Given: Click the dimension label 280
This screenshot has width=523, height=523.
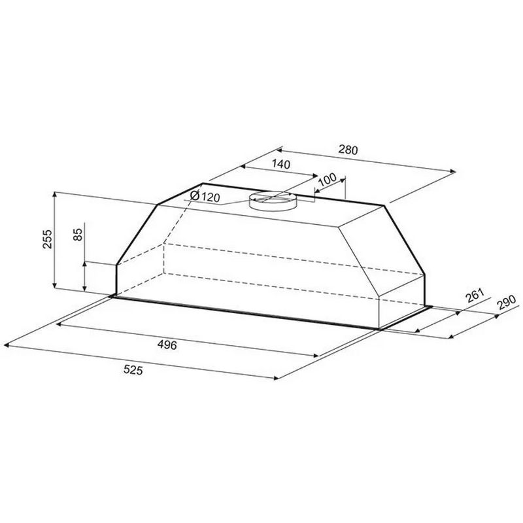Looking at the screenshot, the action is [348, 150].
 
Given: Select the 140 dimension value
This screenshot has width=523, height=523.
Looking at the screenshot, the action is [281, 164].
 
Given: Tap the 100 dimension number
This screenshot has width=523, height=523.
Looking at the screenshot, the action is [328, 180].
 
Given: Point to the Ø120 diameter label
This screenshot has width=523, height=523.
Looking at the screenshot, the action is [205, 197].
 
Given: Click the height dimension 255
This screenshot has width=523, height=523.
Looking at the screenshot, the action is [47, 239].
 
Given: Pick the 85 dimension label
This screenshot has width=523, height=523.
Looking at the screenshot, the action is [78, 234].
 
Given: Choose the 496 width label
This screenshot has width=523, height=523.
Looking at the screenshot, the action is [167, 345].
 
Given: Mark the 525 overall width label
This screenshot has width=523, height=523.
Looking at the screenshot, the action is [133, 370].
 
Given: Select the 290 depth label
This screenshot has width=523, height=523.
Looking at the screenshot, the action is [506, 302].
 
